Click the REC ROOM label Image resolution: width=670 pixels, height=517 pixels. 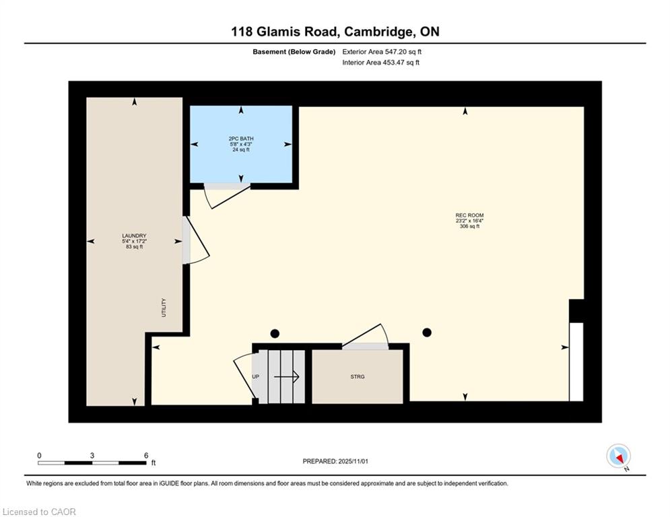(x=469, y=215)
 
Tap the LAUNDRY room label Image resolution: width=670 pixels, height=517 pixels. (x=134, y=236)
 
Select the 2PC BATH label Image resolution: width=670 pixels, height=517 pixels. (x=241, y=139)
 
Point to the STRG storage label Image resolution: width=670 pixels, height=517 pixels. (x=358, y=376)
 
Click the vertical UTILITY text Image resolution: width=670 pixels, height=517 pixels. (x=164, y=308)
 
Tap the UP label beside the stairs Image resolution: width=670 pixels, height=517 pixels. (x=255, y=376)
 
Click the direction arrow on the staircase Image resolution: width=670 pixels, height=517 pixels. (x=286, y=376)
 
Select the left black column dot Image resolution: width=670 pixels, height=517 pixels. (x=275, y=333)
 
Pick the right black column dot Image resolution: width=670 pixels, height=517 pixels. (x=427, y=332)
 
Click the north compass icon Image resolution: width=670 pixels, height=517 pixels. (x=618, y=456)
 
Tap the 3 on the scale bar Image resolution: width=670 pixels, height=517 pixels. (x=92, y=456)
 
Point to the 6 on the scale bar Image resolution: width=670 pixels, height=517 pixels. (x=146, y=456)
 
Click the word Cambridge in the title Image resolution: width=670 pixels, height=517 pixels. (x=378, y=32)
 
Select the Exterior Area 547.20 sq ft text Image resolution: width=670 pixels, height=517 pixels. (x=382, y=52)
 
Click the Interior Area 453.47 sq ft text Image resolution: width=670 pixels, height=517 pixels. (x=380, y=63)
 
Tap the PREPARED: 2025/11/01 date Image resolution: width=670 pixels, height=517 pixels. (x=335, y=461)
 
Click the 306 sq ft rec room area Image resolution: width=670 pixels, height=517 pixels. (x=469, y=226)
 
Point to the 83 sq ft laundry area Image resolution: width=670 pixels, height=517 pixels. (x=134, y=247)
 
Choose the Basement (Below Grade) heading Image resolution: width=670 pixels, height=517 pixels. (x=294, y=52)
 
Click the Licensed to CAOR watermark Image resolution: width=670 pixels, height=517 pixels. (x=39, y=512)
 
